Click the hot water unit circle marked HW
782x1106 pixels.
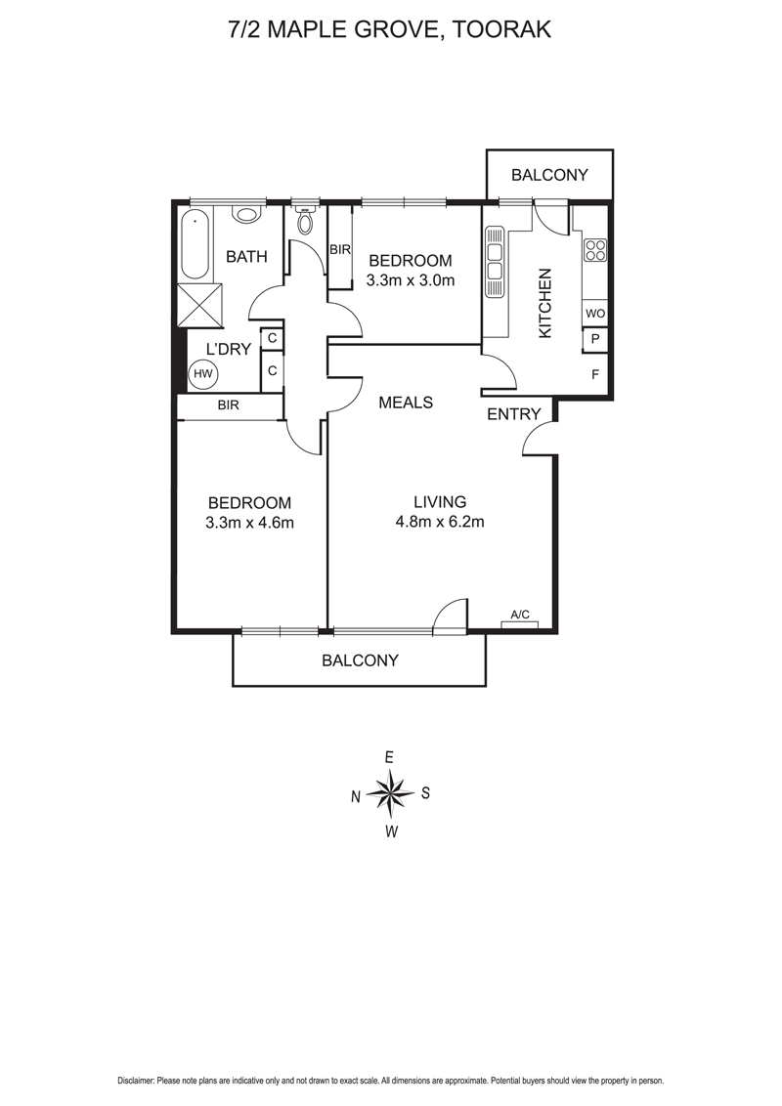202,373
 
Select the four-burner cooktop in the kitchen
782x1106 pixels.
594,250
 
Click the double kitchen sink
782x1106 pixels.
495,262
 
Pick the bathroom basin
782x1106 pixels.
245,215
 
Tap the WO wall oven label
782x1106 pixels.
594,314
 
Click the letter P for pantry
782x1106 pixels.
594,340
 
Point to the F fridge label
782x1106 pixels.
594,374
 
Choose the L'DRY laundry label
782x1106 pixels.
228,348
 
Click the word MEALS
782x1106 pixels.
406,402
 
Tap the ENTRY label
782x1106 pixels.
513,414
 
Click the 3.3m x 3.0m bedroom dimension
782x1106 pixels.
410,279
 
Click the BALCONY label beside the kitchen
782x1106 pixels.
550,175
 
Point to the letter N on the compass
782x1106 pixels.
356,797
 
